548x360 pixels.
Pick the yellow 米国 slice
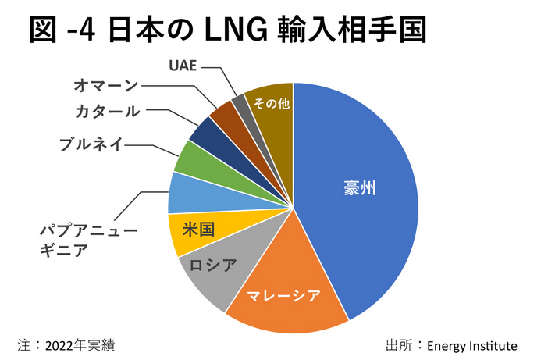pyautogui.click(x=195, y=233)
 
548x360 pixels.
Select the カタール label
pyautogui.click(x=109, y=112)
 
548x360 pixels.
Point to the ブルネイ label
pyautogui.click(x=90, y=144)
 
